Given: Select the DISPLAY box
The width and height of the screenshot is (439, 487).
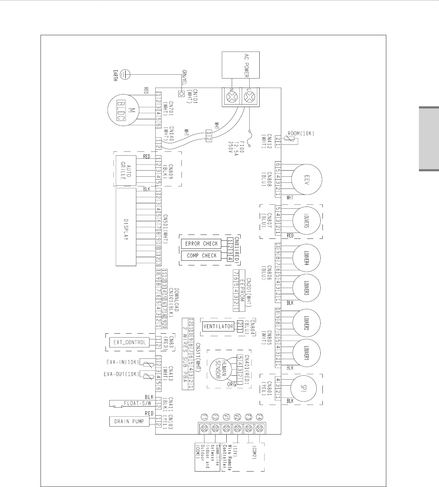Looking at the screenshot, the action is pos(126,227).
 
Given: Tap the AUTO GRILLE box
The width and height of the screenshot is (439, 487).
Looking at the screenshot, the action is pos(126,171).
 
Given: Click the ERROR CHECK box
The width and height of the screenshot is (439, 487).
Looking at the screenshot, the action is pos(201,244).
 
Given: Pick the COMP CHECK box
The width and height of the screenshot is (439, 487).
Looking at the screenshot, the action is pos(201,256).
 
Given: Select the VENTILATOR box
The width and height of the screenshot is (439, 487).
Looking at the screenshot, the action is pos(218,326).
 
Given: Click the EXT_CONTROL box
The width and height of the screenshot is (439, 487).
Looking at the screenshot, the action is pos(130,342).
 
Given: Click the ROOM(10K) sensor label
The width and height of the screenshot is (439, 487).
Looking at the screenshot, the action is pos(301,134).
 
